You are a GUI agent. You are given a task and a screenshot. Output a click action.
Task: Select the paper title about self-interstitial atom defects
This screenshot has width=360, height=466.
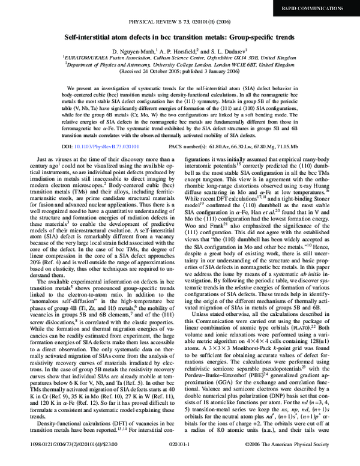180,37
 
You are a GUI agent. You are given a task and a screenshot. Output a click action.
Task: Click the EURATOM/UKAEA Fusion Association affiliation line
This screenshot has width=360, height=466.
180,58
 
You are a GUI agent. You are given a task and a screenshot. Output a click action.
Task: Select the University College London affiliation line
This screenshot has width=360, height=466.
180,65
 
